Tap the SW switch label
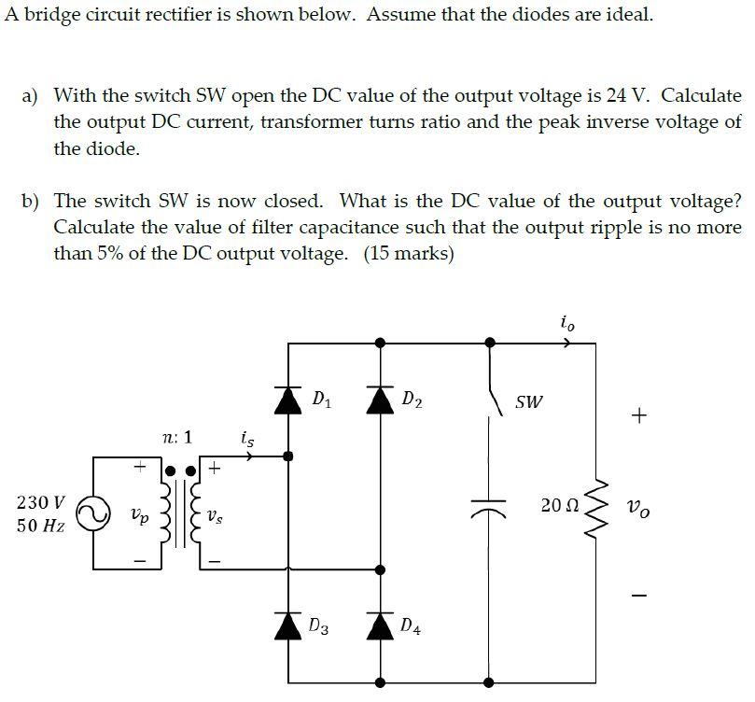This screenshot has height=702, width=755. click(x=528, y=402)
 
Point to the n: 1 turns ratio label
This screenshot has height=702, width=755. click(x=176, y=437)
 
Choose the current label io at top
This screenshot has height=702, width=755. click(x=567, y=323)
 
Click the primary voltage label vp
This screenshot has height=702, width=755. click(x=138, y=514)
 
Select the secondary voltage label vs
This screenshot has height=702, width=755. click(x=215, y=514)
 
